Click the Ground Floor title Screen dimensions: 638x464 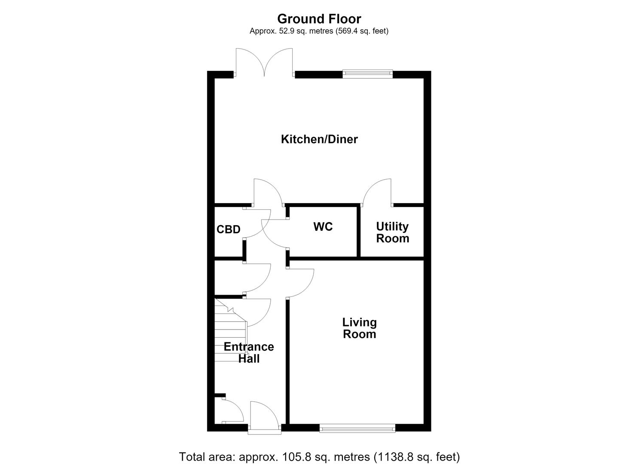(x=319, y=19)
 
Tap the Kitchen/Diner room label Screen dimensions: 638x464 (x=319, y=139)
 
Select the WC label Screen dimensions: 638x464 (x=323, y=227)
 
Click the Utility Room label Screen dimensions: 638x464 (x=393, y=232)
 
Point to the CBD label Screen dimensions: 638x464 (x=229, y=229)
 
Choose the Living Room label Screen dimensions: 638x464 (x=360, y=328)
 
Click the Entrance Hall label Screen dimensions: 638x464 (x=249, y=353)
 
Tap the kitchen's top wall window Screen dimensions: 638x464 (x=367, y=74)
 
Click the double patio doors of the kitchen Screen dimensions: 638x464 (x=264, y=62)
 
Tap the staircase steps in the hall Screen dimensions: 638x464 (x=230, y=330)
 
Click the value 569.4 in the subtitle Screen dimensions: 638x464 (x=346, y=31)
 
